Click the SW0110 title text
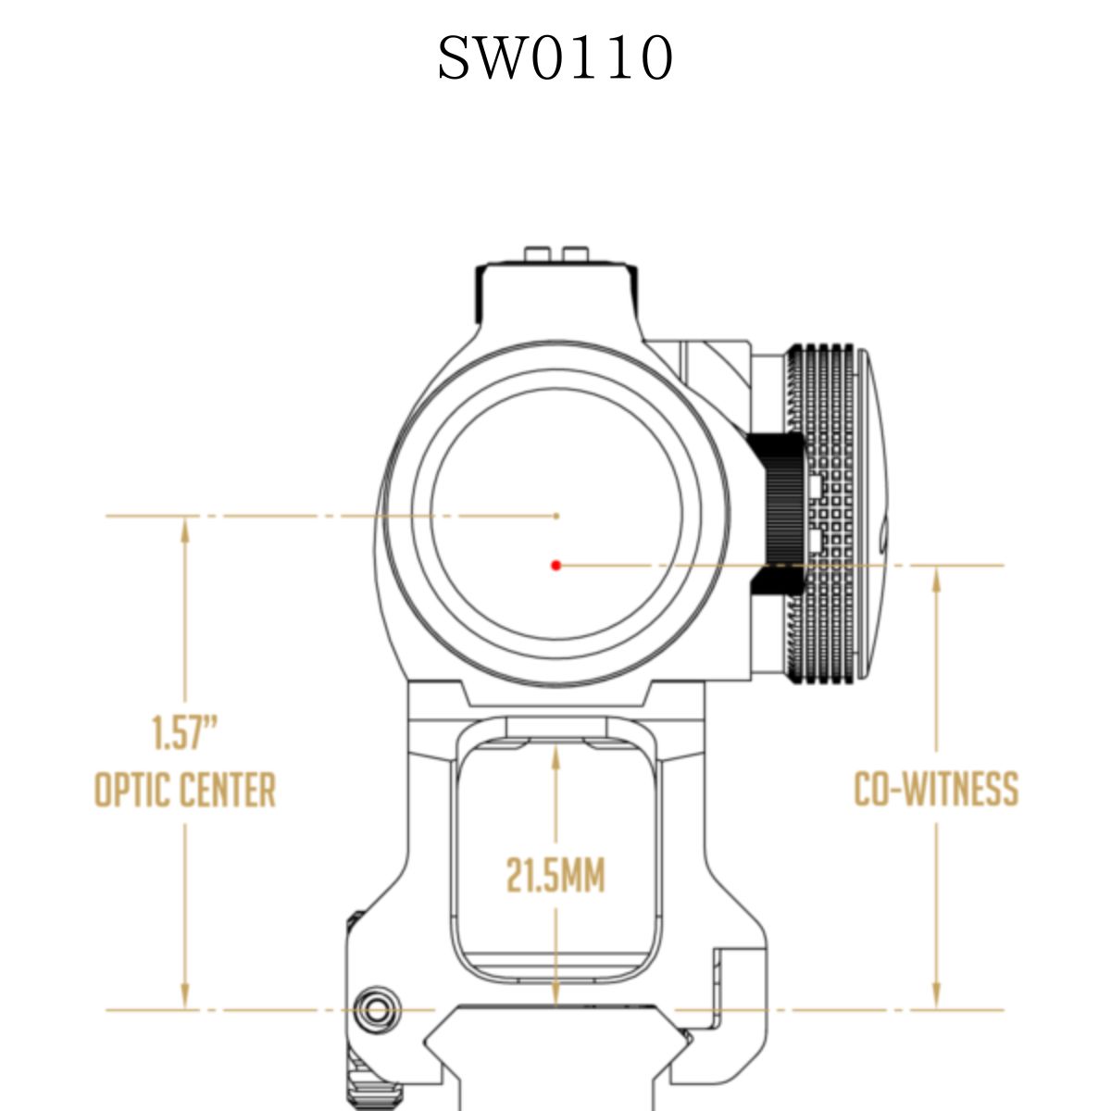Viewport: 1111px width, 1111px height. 555,57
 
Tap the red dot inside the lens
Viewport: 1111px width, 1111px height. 555,565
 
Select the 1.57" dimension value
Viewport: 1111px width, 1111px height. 185,732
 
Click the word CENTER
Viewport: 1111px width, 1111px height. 228,790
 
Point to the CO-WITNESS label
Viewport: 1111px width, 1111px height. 936,788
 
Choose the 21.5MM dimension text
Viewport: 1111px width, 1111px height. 555,876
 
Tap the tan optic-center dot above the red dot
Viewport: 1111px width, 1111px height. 556,516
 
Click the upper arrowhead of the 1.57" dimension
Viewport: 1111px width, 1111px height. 185,530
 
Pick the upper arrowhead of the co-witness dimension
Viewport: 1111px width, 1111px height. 936,579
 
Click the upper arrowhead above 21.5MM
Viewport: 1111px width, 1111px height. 555,757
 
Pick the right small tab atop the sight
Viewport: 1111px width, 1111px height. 575,254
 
